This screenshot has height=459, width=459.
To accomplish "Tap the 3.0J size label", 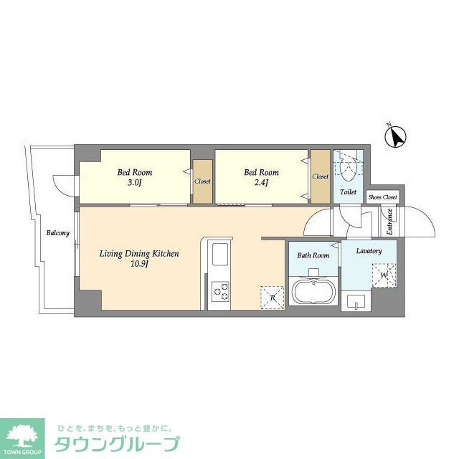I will (135, 182).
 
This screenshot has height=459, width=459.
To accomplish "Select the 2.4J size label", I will (261, 182).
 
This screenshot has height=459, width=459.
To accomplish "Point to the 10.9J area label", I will (138, 264).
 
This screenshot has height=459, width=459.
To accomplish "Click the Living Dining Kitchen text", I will (138, 254).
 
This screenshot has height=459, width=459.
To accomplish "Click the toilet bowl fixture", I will (348, 168).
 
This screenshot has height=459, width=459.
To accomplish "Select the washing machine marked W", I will (384, 274).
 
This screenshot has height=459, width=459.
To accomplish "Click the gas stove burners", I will (220, 292).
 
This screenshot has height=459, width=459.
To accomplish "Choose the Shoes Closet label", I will (382, 197).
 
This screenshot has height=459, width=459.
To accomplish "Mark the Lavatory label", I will (369, 251).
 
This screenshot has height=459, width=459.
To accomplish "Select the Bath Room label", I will (313, 255).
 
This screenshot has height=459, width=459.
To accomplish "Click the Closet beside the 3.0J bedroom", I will (202, 181).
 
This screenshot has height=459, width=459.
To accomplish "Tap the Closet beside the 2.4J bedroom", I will (320, 176).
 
